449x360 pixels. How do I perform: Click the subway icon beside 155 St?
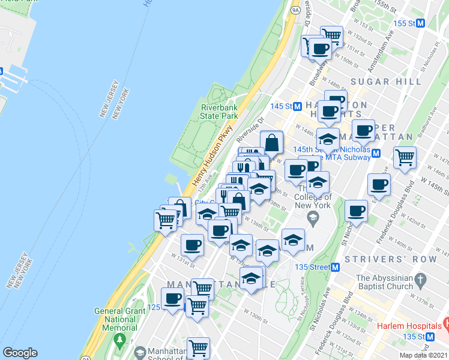(421, 23)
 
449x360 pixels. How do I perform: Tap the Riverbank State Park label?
(219, 112)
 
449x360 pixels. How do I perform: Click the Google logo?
(20, 353)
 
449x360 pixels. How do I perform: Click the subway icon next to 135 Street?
(336, 267)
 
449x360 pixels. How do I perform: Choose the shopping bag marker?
(271, 142)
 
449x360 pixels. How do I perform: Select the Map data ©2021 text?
(423, 355)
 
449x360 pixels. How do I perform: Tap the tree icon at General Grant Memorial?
(120, 340)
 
